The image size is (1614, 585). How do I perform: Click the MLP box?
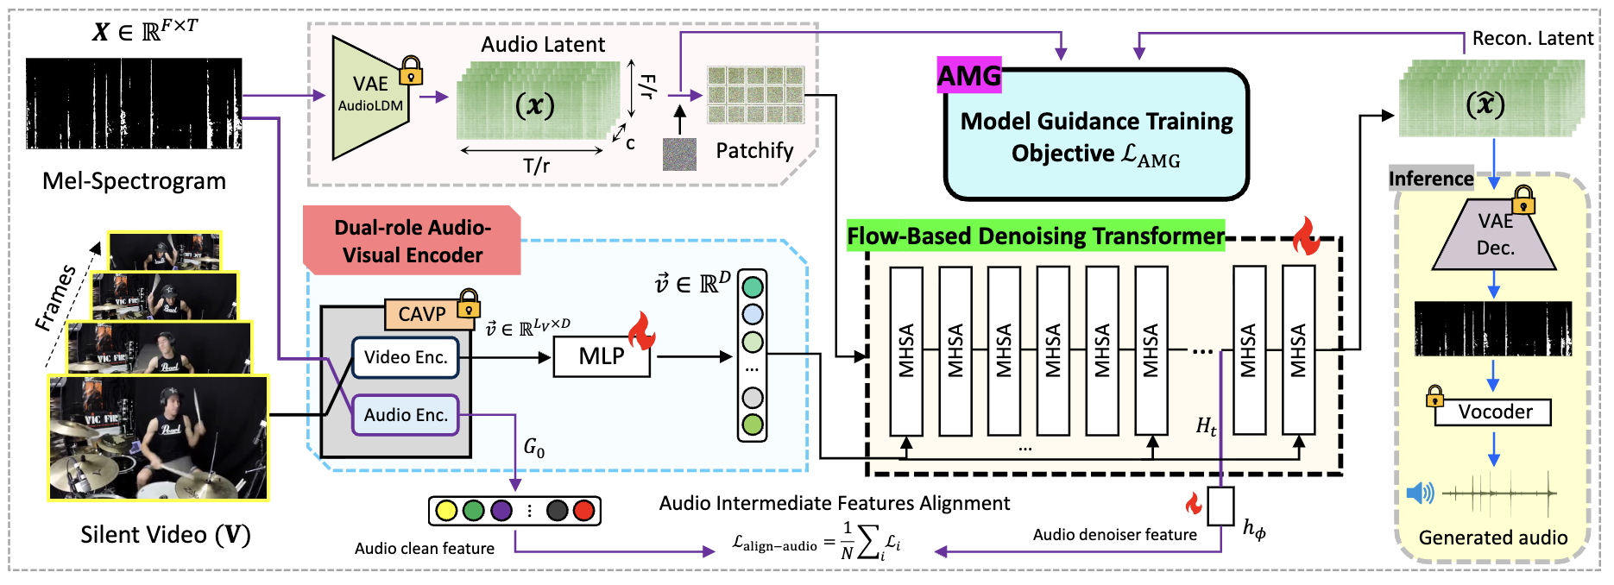[602, 356]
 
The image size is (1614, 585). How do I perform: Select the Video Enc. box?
[406, 357]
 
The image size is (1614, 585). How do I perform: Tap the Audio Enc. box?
[406, 415]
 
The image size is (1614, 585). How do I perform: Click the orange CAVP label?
[422, 314]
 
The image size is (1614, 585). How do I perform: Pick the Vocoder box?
[1494, 412]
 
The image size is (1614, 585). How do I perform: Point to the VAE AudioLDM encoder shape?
[370, 97]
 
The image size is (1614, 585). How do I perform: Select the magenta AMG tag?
[969, 77]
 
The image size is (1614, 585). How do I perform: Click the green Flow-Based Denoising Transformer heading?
[1036, 236]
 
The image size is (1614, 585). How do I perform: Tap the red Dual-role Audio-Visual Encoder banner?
[413, 242]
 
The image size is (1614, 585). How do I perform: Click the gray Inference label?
[1431, 179]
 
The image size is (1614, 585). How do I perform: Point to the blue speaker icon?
[1420, 494]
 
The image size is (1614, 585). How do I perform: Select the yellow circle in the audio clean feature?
[446, 511]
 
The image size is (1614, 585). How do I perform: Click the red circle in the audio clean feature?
[584, 511]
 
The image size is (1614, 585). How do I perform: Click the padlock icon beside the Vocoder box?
[1434, 397]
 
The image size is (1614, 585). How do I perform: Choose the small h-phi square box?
[1221, 506]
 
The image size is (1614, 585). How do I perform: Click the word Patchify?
[754, 151]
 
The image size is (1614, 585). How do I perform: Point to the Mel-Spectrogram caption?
[134, 181]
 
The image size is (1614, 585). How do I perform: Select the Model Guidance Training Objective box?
[1096, 136]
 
